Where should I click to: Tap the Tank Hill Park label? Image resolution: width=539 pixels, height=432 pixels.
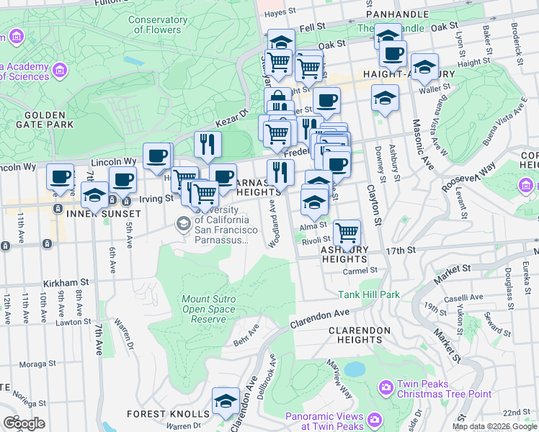(369, 294)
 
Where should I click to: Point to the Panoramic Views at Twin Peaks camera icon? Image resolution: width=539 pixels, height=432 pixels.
(374, 419)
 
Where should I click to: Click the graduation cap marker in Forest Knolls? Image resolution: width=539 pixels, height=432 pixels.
(226, 401)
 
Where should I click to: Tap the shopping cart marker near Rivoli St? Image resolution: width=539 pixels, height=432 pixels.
(347, 233)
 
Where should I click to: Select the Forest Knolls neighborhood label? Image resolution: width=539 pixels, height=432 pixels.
(168, 414)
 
